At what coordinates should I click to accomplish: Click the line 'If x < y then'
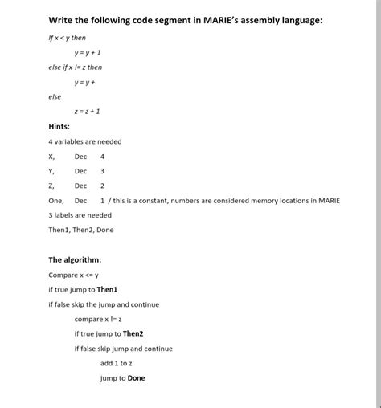(67, 38)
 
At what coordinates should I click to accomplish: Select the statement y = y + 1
(88, 52)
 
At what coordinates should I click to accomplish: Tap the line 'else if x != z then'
(75, 67)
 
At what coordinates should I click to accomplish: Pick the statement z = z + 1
(87, 112)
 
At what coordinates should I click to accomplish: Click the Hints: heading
(59, 126)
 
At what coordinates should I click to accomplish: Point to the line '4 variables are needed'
(84, 141)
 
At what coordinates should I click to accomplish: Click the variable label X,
(52, 157)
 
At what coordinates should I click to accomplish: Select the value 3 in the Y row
(103, 171)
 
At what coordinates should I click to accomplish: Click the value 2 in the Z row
(103, 186)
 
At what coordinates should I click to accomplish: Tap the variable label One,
(56, 200)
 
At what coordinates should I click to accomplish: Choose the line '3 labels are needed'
(80, 215)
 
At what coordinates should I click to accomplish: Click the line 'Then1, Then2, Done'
(80, 230)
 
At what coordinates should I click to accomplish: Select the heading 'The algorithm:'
(75, 259)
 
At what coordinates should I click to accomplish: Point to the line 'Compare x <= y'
(73, 275)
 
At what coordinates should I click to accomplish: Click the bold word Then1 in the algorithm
(107, 289)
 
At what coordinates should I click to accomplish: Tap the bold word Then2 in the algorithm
(133, 333)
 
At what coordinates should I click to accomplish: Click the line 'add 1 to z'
(116, 363)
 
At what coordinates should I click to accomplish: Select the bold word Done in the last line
(136, 377)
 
